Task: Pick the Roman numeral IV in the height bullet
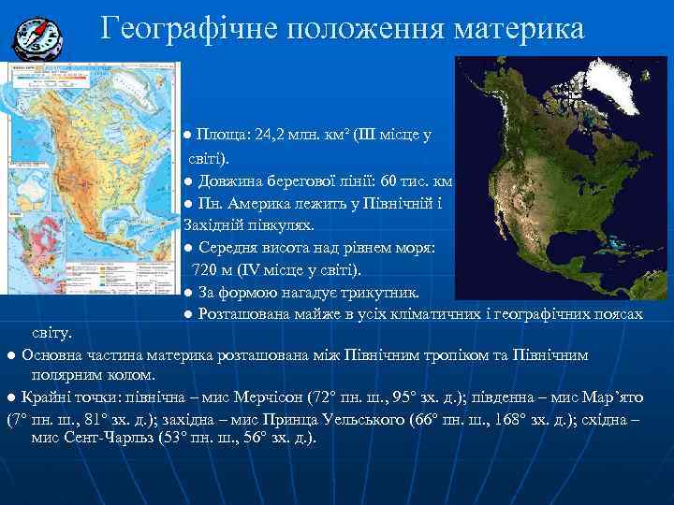[x=249, y=270]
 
